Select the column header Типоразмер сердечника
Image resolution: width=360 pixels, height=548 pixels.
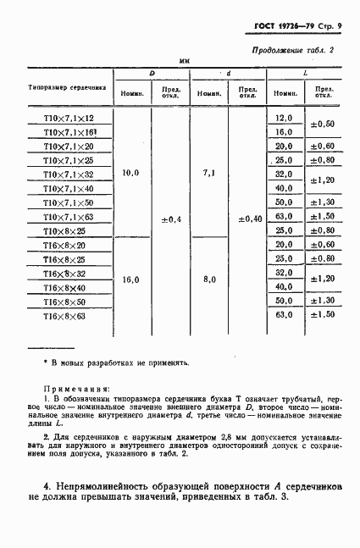pos(66,87)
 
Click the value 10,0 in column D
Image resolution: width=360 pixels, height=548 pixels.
pos(131,173)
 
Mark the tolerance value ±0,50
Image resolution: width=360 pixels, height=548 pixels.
pos(323,125)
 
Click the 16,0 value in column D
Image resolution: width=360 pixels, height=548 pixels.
pos(131,279)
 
